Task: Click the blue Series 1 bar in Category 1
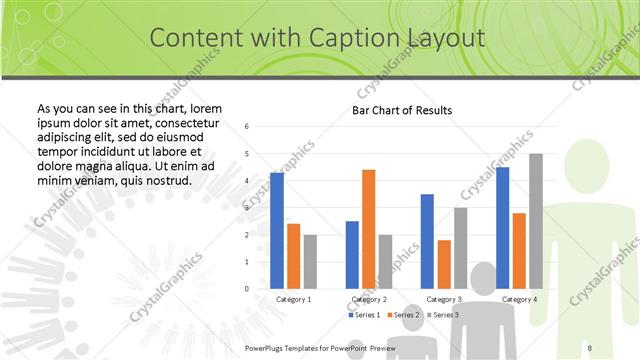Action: tap(277, 230)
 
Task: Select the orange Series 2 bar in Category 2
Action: tap(369, 228)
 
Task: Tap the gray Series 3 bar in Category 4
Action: tap(536, 220)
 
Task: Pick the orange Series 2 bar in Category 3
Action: tap(444, 264)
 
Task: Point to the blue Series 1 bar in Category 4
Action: tap(502, 227)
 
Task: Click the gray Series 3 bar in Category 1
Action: tap(311, 261)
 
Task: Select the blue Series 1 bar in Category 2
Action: tap(352, 254)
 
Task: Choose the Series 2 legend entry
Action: tap(403, 315)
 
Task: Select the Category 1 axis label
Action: tap(294, 299)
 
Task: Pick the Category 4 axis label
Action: tap(519, 299)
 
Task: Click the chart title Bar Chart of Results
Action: tap(402, 110)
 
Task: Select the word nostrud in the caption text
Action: tap(165, 180)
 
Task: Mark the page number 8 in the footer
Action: tap(590, 346)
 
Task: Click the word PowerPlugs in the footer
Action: tap(265, 346)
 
